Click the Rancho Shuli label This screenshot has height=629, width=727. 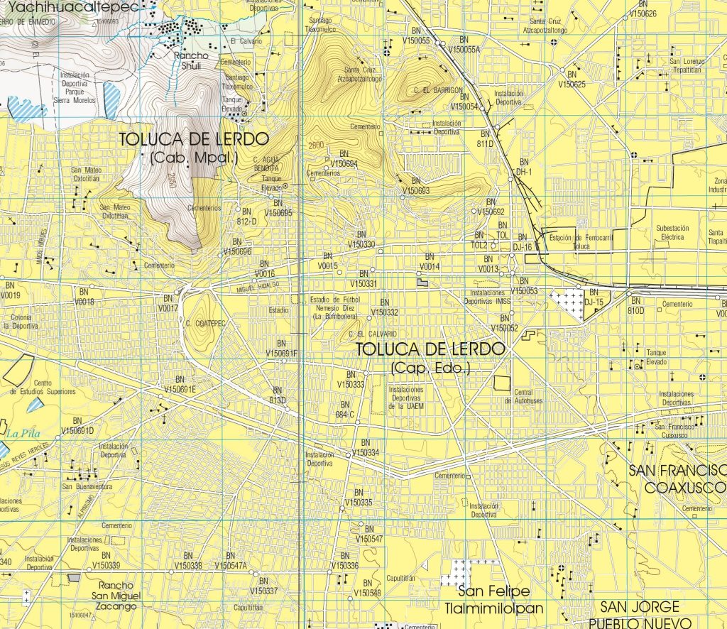point(189,60)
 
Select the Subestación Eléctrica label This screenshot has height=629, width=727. point(669,233)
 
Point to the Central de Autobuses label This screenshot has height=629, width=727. point(523,396)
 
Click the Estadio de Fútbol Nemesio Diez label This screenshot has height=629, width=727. point(336,307)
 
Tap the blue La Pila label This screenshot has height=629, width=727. point(21,432)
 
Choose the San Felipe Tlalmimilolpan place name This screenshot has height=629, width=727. point(494,599)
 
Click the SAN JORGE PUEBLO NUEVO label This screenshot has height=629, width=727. point(640,613)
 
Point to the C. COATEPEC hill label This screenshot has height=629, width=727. point(205,324)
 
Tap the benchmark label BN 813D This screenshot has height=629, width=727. point(277,395)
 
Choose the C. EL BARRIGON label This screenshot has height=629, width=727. point(438,90)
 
